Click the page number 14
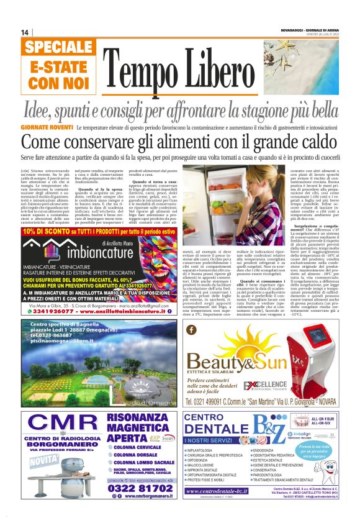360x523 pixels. point(25,32)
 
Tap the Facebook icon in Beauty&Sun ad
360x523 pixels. point(191,330)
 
